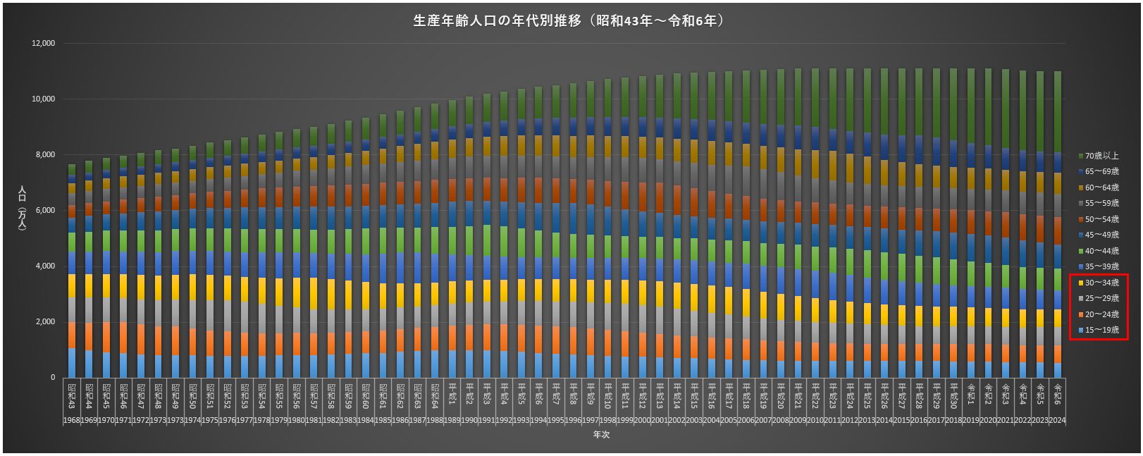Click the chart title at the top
click(571, 21)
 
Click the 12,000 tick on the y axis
click(43, 44)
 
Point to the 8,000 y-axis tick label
click(45, 155)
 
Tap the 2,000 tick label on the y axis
click(45, 322)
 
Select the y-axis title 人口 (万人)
click(22, 210)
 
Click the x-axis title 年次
click(601, 435)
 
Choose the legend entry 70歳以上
click(1101, 156)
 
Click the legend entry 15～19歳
click(1101, 331)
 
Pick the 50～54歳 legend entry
click(1101, 219)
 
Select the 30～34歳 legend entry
click(1101, 283)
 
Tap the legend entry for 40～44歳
click(1101, 251)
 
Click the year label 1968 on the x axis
click(71, 420)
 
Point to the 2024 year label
click(1058, 420)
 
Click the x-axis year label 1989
click(452, 420)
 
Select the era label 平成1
click(452, 395)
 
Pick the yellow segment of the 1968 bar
click(71, 285)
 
